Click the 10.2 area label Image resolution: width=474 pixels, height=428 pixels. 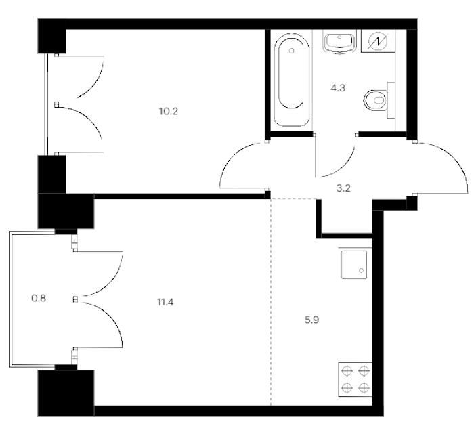coord(169,112)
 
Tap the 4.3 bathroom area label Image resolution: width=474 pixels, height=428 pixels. coord(338,88)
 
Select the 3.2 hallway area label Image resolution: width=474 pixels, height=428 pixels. coord(343,188)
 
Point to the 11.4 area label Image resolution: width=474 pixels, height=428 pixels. coord(165,302)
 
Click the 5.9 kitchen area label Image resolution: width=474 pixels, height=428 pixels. coord(311,320)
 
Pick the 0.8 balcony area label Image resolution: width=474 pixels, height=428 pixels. coord(39,299)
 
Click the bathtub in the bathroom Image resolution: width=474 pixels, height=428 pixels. coord(291,79)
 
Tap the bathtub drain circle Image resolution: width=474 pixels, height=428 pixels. coord(291,51)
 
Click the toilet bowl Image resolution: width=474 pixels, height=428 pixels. coord(376,100)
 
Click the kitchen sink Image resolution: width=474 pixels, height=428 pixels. coord(353,265)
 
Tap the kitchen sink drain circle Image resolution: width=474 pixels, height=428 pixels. coord(361,270)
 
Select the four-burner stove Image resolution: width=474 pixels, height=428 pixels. coord(355,379)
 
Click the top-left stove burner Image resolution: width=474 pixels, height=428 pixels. coord(347,370)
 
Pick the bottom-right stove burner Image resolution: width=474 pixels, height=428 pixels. coord(364,387)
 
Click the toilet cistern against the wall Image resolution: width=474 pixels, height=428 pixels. coord(391,100)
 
